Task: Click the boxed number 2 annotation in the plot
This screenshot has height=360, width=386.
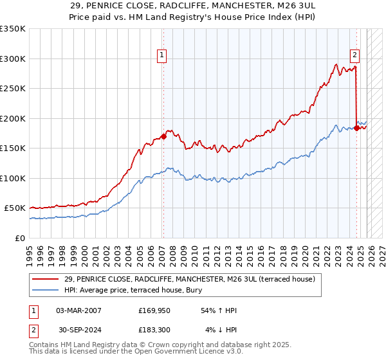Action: pyautogui.click(x=354, y=55)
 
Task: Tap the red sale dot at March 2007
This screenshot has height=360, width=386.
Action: pyautogui.click(x=164, y=136)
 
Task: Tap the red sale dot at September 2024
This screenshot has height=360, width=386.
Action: pyautogui.click(x=357, y=128)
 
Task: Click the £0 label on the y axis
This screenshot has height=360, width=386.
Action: pyautogui.click(x=21, y=238)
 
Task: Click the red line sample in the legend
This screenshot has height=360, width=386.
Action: pyautogui.click(x=46, y=279)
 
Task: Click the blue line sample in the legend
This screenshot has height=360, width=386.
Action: pyautogui.click(x=46, y=290)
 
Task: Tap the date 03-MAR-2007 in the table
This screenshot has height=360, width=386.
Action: pyautogui.click(x=79, y=310)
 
